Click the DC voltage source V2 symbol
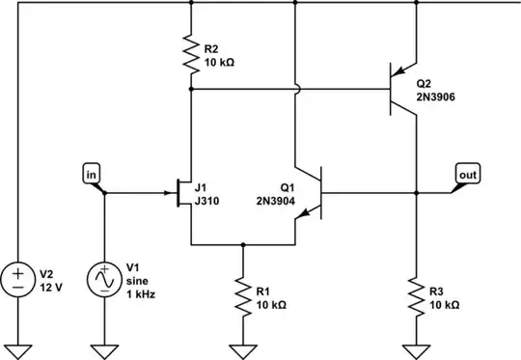pyautogui.click(x=17, y=280)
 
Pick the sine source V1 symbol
pyautogui.click(x=103, y=280)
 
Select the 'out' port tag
pyautogui.click(x=467, y=174)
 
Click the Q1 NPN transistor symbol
pyautogui.click(x=312, y=194)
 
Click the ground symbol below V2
pyautogui.click(x=17, y=347)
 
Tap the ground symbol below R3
pyautogui.click(x=416, y=347)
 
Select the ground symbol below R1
pyautogui.click(x=242, y=347)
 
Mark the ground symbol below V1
pyautogui.click(x=103, y=347)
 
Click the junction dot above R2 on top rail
pyautogui.click(x=192, y=3)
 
